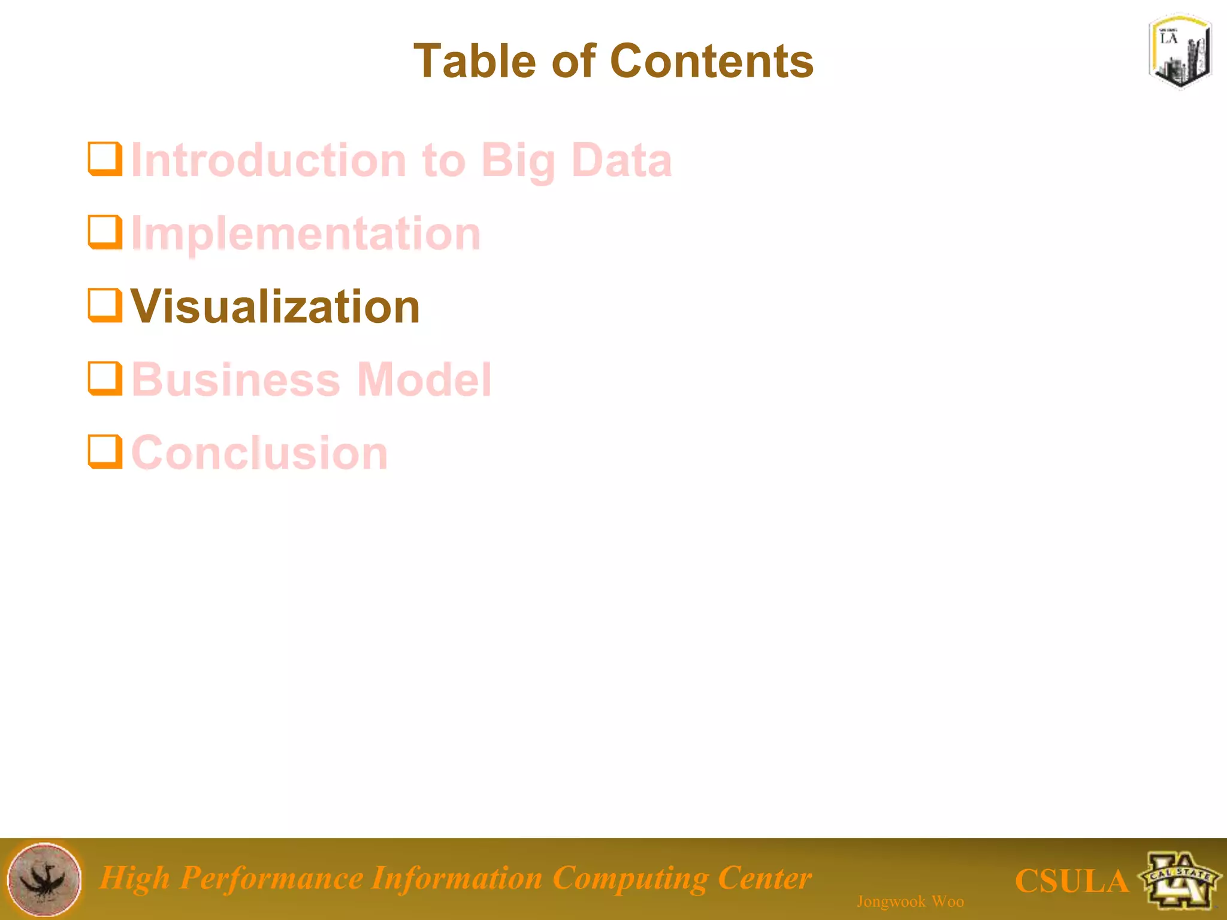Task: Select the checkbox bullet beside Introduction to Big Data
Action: pos(105,159)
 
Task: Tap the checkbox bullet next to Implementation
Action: pos(105,232)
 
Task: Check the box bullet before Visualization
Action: pos(105,305)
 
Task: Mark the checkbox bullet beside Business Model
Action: pos(105,379)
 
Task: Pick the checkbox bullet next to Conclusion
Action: pos(105,452)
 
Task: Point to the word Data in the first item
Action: pos(621,161)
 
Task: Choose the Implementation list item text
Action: pos(306,234)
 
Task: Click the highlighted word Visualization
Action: pos(276,307)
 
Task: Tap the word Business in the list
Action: pos(236,380)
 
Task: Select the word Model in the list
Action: pos(424,380)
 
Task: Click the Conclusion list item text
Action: pos(259,453)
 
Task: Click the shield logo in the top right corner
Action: pos(1180,52)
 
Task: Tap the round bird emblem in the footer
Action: pos(44,879)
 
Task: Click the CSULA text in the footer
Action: pos(1071,881)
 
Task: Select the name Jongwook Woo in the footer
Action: pos(910,901)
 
